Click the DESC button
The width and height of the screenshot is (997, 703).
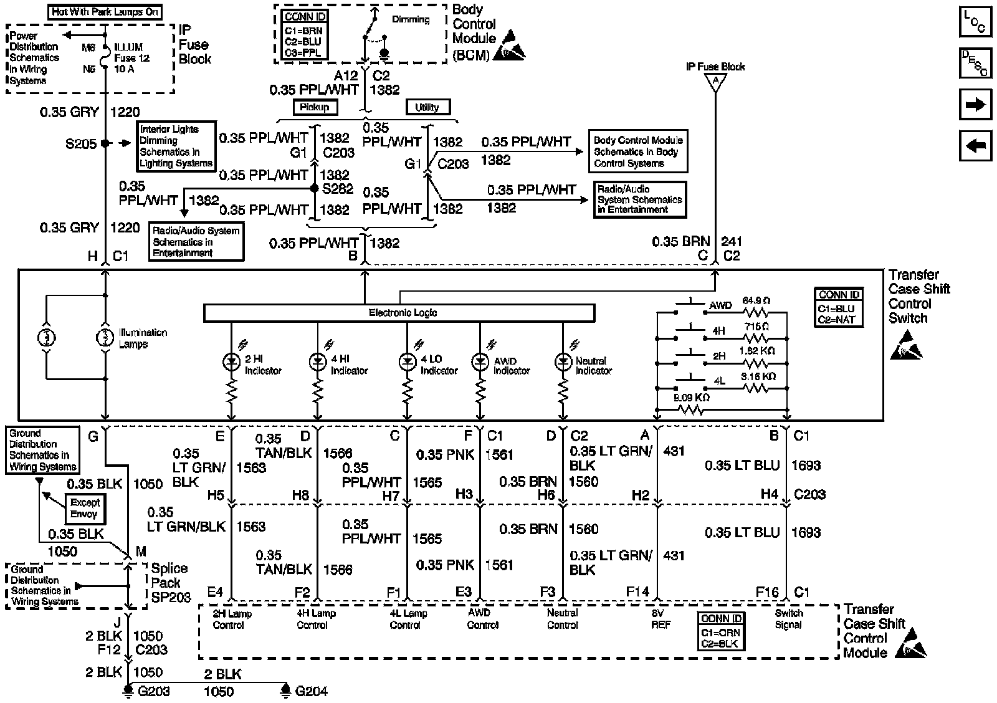(975, 63)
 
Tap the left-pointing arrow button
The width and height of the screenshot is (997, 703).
(975, 146)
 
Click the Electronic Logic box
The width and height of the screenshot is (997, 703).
(399, 313)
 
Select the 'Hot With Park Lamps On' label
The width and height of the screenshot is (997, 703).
(105, 11)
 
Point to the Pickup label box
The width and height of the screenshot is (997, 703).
(315, 107)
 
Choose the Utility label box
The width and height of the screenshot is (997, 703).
(427, 107)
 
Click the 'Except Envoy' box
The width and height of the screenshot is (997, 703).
(85, 508)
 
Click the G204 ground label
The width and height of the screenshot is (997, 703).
(311, 691)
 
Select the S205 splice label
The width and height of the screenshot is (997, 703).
(81, 144)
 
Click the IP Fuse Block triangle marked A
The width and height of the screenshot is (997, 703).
(715, 81)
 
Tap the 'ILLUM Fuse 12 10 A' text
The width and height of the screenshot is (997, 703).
(128, 58)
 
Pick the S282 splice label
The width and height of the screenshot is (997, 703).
(337, 189)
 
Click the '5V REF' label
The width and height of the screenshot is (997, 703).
(661, 619)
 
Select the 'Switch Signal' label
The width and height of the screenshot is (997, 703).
(788, 619)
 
